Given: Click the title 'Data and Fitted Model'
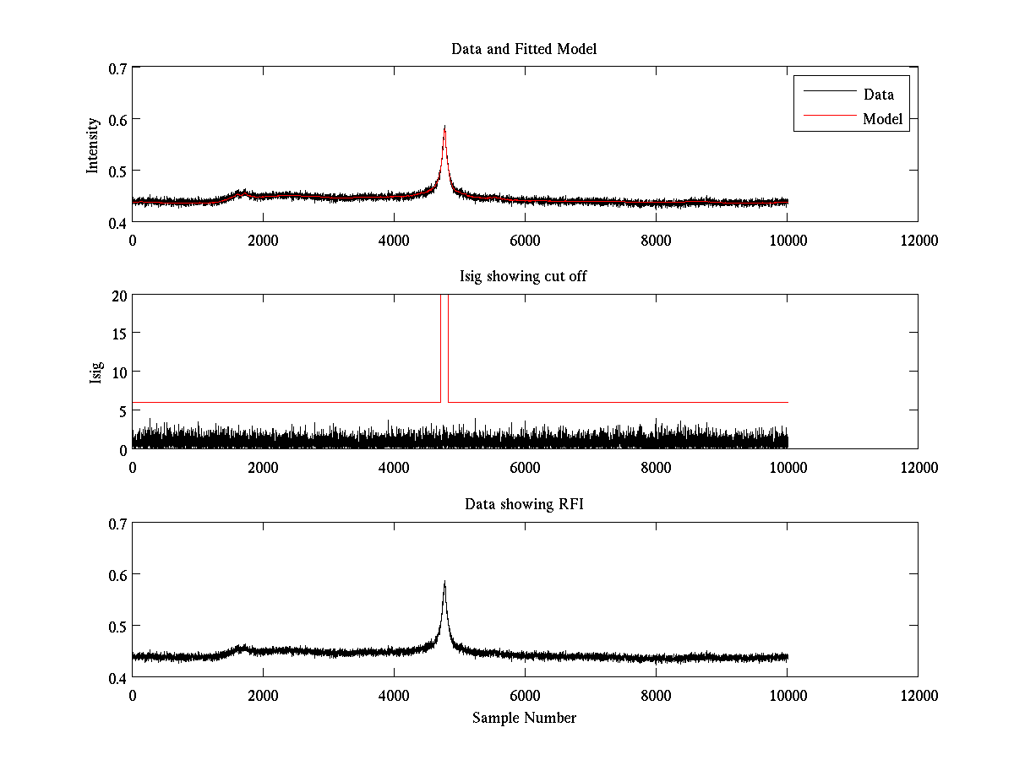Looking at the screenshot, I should click(524, 49).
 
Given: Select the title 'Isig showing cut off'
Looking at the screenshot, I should click(524, 276).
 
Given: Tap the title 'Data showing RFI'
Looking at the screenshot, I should click(524, 504).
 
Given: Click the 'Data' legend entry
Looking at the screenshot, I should click(878, 94).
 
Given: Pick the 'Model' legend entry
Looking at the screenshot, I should click(882, 119).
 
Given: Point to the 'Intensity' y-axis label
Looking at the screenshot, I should click(94, 144).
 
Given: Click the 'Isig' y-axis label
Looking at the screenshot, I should click(95, 372).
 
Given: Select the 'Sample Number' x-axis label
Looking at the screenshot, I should click(524, 718).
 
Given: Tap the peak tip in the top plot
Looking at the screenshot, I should click(444, 127).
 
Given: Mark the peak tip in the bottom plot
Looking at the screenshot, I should click(444, 581).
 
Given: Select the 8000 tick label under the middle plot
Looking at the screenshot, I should click(656, 467).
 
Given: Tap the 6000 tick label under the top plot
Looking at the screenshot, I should click(525, 240).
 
